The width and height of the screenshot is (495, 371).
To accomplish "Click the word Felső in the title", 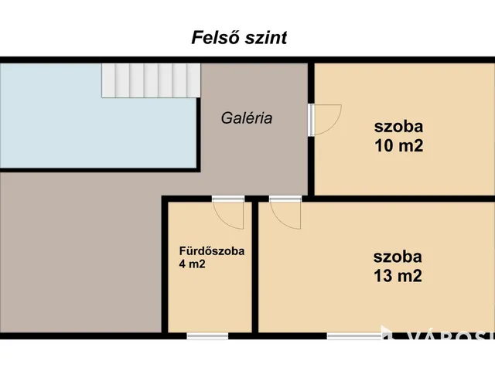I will tap(214, 38).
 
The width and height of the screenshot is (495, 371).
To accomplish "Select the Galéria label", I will tap(247, 119).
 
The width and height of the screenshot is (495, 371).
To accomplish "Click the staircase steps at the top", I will tap(152, 80).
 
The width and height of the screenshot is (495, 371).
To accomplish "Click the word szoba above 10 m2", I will tap(399, 127).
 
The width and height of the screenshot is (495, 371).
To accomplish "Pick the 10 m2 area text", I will tap(399, 145).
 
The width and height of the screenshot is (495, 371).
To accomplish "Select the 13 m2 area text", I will tap(398, 277).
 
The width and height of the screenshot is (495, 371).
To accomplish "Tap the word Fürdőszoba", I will tap(212, 251).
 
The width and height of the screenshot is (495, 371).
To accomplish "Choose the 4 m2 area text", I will tap(192, 264).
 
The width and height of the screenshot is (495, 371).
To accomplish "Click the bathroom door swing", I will tap(230, 214).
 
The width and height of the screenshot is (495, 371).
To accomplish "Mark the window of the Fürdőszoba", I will tap(207, 335).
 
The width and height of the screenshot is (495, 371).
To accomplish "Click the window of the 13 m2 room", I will tap(353, 335).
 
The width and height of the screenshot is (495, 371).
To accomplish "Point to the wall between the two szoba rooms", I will tap(402, 198).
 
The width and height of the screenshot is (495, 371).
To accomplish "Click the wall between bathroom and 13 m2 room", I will tap(254, 271).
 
